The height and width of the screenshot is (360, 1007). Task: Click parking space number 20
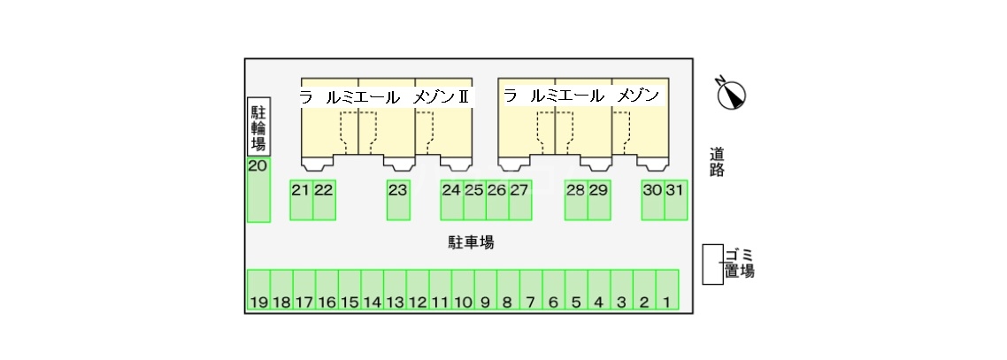pyautogui.click(x=258, y=190)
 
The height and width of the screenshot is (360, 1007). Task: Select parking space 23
pyautogui.click(x=398, y=200)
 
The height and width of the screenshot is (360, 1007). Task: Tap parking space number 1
pyautogui.click(x=667, y=290)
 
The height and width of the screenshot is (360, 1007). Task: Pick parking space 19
pyautogui.click(x=258, y=290)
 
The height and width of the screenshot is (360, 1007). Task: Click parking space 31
pyautogui.click(x=676, y=200)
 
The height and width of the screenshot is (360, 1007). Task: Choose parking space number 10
pyautogui.click(x=463, y=290)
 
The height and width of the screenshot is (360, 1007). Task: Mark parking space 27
pyautogui.click(x=519, y=200)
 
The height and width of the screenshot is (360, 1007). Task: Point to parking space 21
pyautogui.click(x=301, y=200)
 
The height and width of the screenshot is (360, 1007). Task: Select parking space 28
pyautogui.click(x=576, y=200)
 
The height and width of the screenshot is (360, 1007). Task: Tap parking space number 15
pyautogui.click(x=350, y=290)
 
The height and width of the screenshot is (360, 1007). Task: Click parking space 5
pyautogui.click(x=577, y=290)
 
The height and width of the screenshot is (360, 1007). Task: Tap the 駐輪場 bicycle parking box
pyautogui.click(x=258, y=127)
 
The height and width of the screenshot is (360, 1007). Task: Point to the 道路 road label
pyautogui.click(x=718, y=163)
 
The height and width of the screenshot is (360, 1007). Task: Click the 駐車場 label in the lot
pyautogui.click(x=471, y=242)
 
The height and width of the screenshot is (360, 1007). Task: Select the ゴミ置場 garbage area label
pyautogui.click(x=739, y=263)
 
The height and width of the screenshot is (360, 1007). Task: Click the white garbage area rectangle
pyautogui.click(x=713, y=264)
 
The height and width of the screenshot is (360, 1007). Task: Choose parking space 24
pyautogui.click(x=451, y=200)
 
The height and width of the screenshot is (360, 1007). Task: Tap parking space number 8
pyautogui.click(x=508, y=290)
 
